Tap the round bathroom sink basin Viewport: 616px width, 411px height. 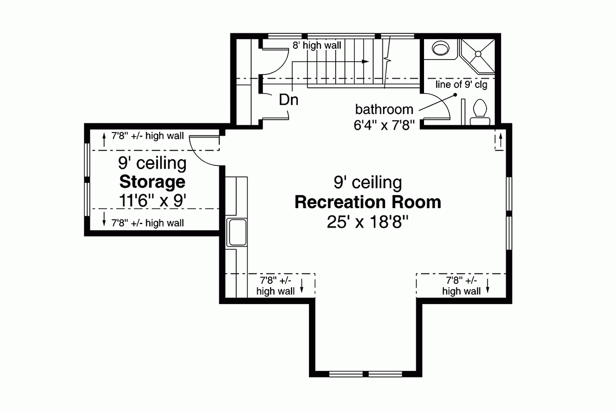(439, 48)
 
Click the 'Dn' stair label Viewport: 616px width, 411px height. (288, 100)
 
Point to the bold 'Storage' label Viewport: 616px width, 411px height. (152, 182)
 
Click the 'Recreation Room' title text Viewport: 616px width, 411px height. (368, 202)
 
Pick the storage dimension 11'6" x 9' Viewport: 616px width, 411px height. (152, 201)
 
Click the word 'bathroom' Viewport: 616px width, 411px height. (384, 109)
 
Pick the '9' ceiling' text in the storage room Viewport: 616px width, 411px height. (152, 163)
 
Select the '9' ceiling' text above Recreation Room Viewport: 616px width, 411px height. (368, 182)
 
